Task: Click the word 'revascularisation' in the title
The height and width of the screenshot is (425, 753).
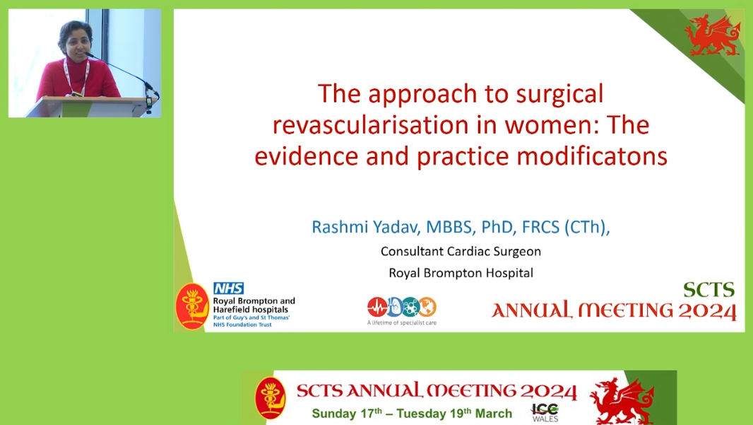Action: [371, 125]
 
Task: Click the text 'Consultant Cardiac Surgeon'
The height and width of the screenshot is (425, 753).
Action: [461, 252]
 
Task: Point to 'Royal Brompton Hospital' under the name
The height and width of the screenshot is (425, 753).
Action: [461, 273]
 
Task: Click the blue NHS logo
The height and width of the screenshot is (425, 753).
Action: [229, 288]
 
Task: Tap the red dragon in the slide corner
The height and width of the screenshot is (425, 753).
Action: [712, 35]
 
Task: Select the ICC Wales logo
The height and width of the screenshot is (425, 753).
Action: [545, 412]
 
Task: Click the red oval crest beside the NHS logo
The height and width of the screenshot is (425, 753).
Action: [193, 306]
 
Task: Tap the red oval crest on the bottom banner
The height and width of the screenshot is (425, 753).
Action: [271, 398]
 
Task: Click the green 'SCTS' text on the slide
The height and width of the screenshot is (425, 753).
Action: [708, 290]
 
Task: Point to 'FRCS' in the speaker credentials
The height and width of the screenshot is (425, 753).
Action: [541, 227]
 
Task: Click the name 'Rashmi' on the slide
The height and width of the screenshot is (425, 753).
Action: [340, 227]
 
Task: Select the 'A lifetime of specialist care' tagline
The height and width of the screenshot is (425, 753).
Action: [402, 322]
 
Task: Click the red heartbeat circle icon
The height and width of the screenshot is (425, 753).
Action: [377, 307]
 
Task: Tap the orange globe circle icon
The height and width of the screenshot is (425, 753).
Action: [427, 307]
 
